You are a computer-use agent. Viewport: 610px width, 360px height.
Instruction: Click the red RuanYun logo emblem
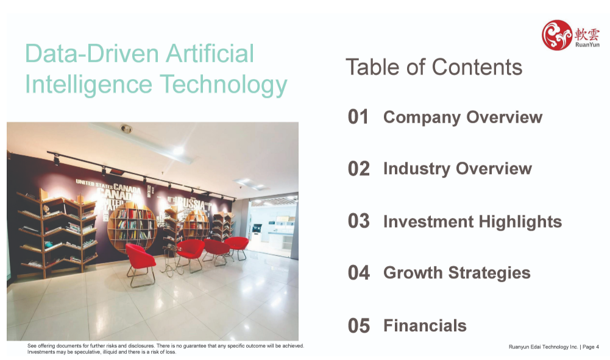point(557,35)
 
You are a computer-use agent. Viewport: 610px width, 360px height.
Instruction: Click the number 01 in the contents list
point(358,117)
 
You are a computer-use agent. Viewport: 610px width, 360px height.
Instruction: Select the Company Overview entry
point(463,118)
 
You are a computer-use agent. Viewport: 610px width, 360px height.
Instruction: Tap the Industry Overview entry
point(458,169)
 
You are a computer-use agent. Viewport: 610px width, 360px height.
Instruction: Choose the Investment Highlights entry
point(473,222)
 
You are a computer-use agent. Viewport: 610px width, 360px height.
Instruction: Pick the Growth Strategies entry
point(456,273)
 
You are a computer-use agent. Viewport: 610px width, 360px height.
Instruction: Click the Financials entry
point(425,326)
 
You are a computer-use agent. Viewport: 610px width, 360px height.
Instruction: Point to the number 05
point(359,326)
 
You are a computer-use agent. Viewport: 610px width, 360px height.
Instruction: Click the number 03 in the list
point(359,221)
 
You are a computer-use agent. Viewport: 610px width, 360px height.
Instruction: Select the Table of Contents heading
point(434,67)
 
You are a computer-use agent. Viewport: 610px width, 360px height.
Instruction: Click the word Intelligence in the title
point(88,85)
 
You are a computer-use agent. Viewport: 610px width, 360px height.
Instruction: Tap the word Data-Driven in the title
point(92,53)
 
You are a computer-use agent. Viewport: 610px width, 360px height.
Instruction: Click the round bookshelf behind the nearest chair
point(132,226)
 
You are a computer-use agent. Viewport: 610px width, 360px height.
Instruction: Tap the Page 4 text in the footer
point(590,347)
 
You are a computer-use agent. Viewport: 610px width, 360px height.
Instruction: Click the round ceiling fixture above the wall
point(126,129)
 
